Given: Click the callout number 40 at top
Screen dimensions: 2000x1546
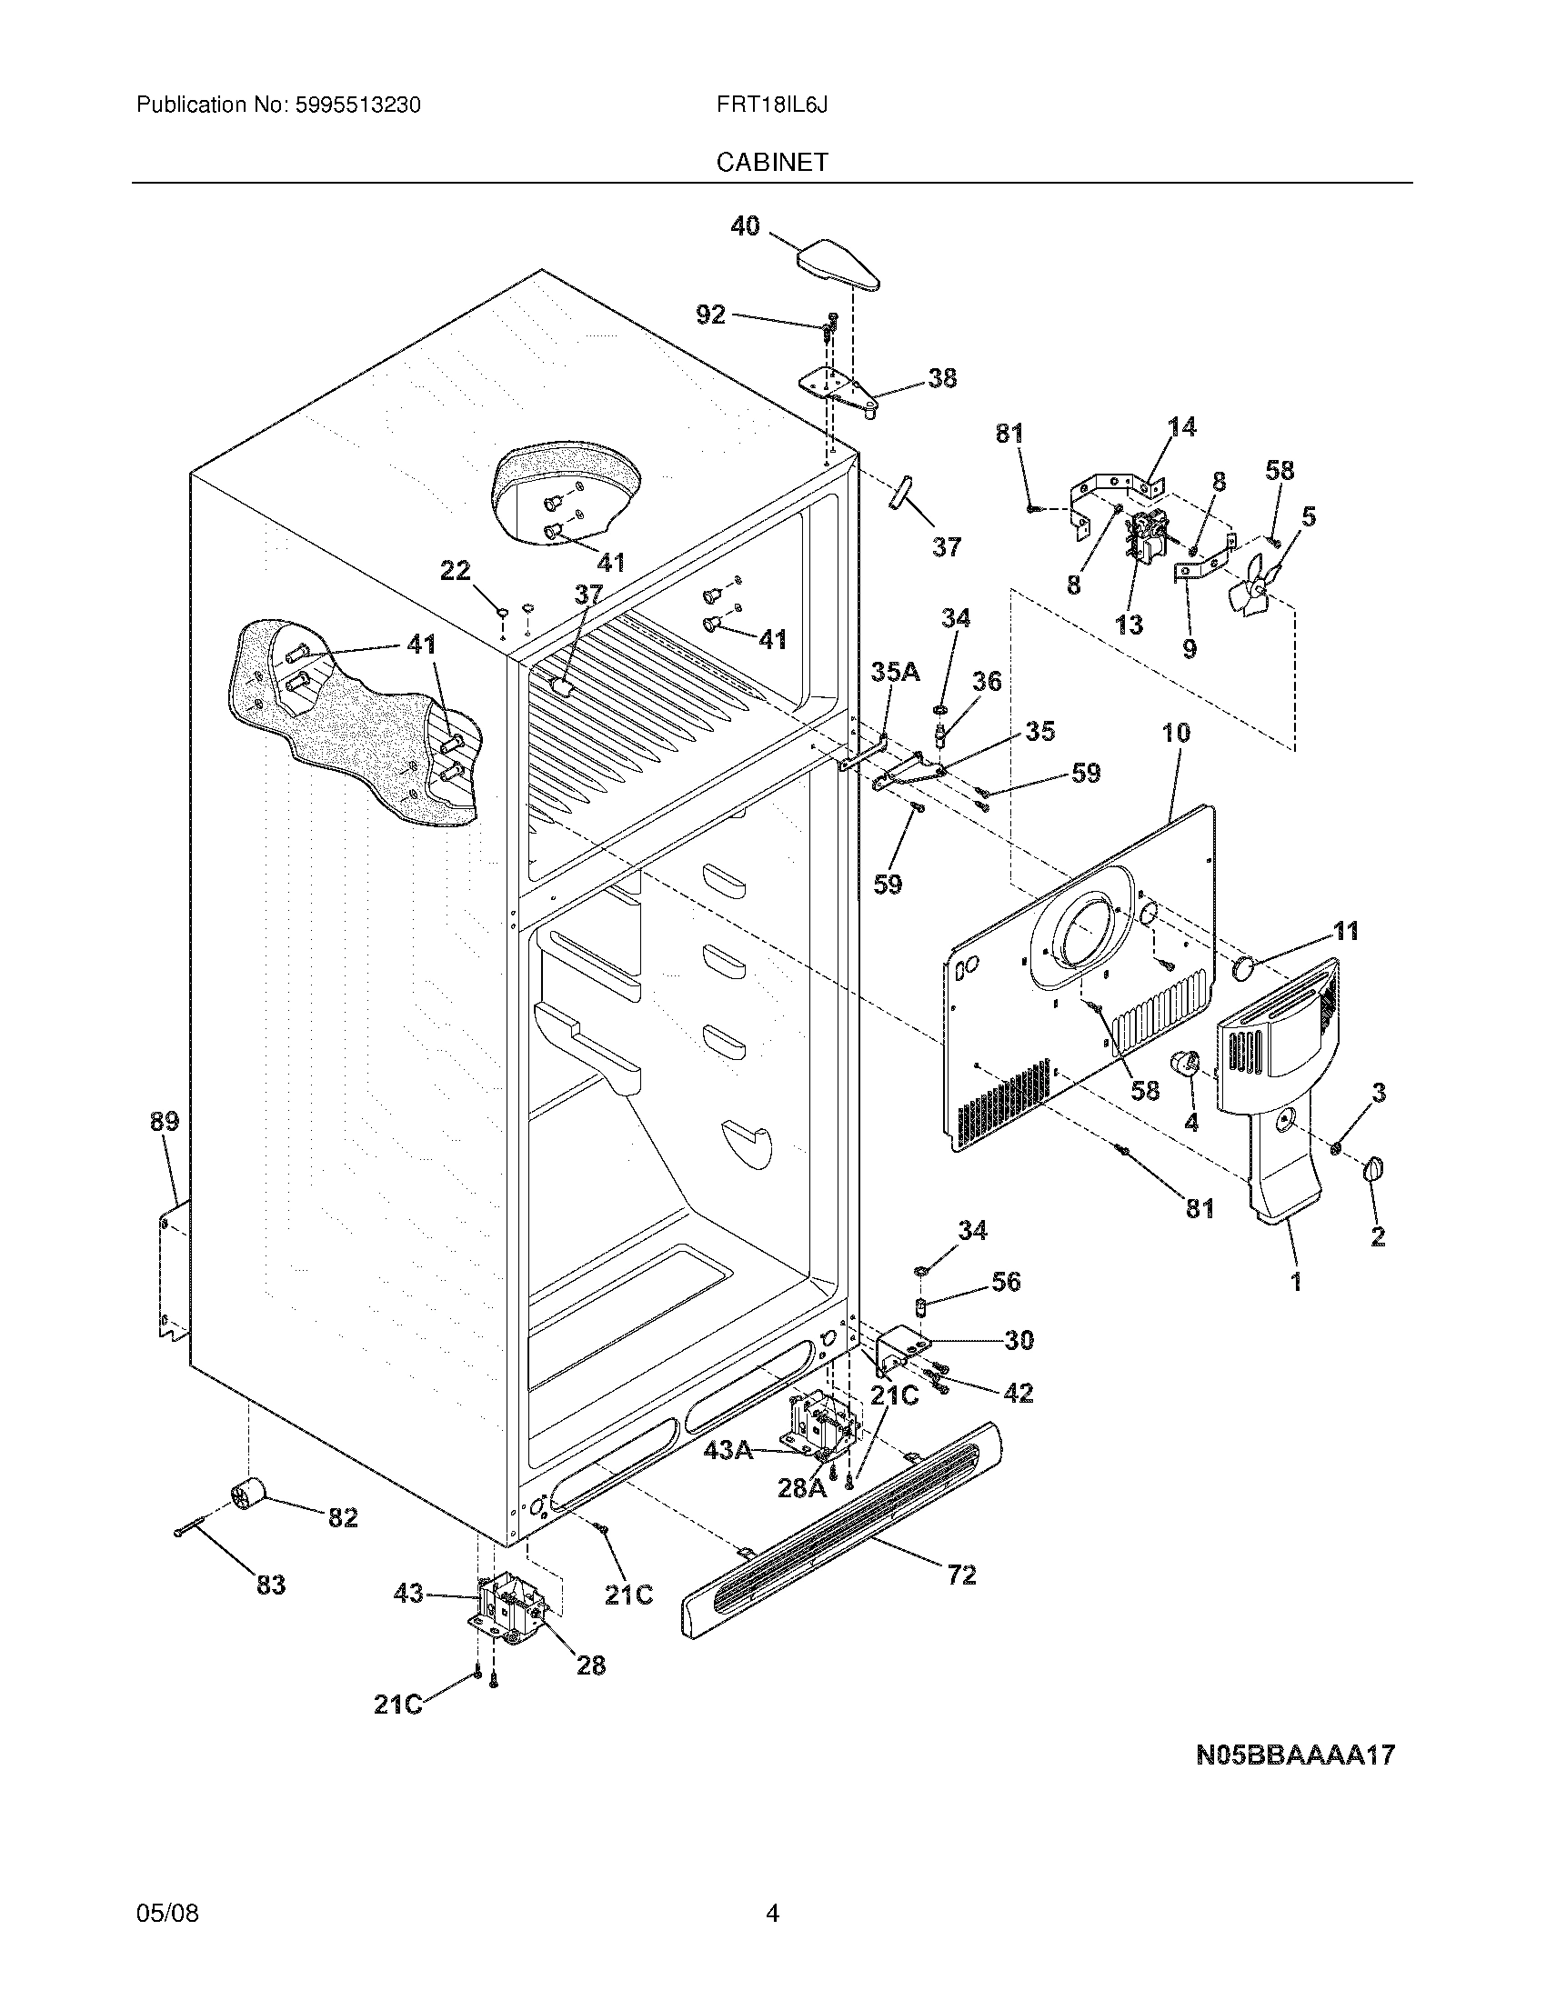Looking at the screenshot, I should tap(745, 225).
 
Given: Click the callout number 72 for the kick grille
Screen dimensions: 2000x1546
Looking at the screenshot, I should tap(959, 1575).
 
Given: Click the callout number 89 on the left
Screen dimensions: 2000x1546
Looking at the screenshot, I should tap(165, 1122).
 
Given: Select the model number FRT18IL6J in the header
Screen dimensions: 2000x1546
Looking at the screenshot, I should tap(772, 105).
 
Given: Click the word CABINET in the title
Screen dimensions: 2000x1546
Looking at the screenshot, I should tap(772, 162).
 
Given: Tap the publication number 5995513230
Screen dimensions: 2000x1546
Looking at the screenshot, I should tap(357, 105).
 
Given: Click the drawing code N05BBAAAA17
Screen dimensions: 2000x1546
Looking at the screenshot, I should tap(1295, 1755).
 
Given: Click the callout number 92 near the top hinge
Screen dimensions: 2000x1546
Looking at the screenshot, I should tap(711, 315).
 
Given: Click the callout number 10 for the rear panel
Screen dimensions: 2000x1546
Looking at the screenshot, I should tap(1176, 733).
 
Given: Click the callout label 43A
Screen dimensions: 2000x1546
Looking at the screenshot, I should tap(728, 1451).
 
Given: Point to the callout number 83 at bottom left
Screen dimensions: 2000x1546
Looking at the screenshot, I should tap(271, 1585).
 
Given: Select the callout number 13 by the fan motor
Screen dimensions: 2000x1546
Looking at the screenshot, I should tap(1129, 625).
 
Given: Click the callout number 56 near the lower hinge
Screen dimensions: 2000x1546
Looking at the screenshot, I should tap(1006, 1281).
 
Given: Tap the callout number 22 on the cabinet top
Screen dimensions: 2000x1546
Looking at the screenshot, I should tap(456, 572).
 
